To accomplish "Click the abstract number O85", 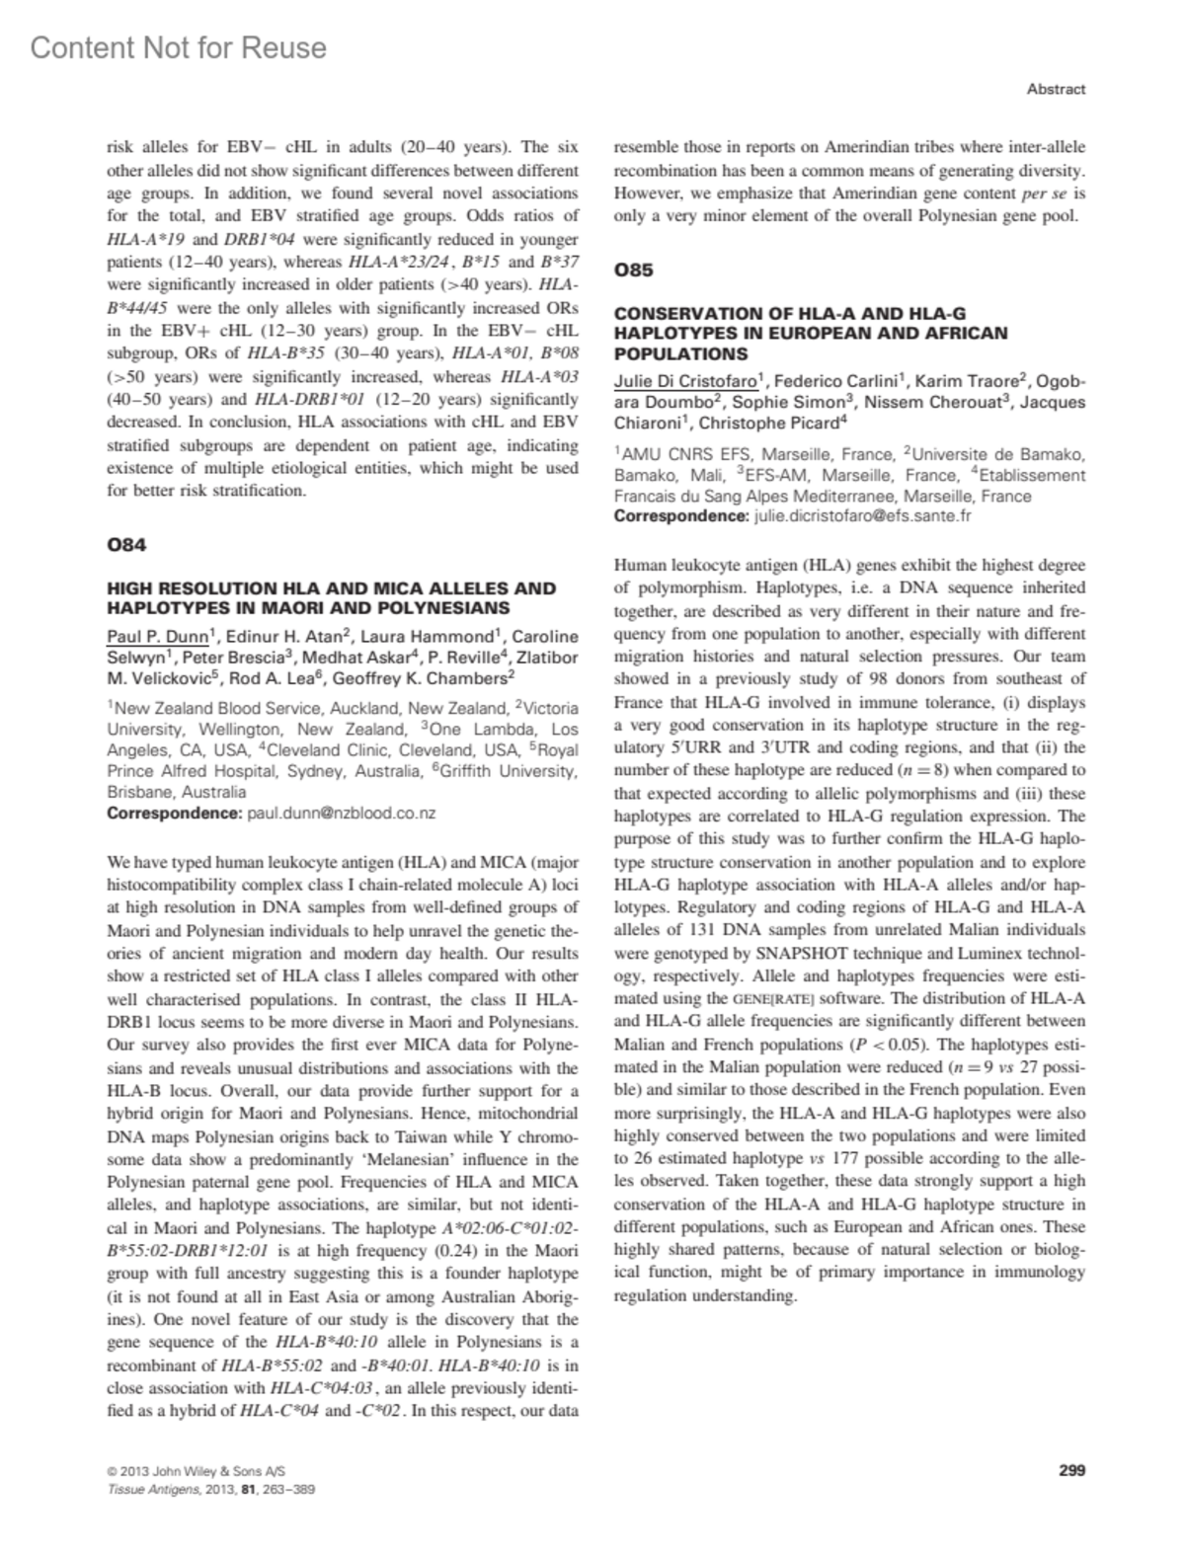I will tap(633, 270).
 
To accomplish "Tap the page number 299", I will tap(1071, 1470).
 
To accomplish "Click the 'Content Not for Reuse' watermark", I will tap(179, 47).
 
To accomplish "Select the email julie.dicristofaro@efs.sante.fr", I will tap(862, 515).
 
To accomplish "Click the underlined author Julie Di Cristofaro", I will tap(685, 381).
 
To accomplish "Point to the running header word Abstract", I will tap(1056, 89).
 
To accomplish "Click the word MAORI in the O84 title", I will tap(378, 608).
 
